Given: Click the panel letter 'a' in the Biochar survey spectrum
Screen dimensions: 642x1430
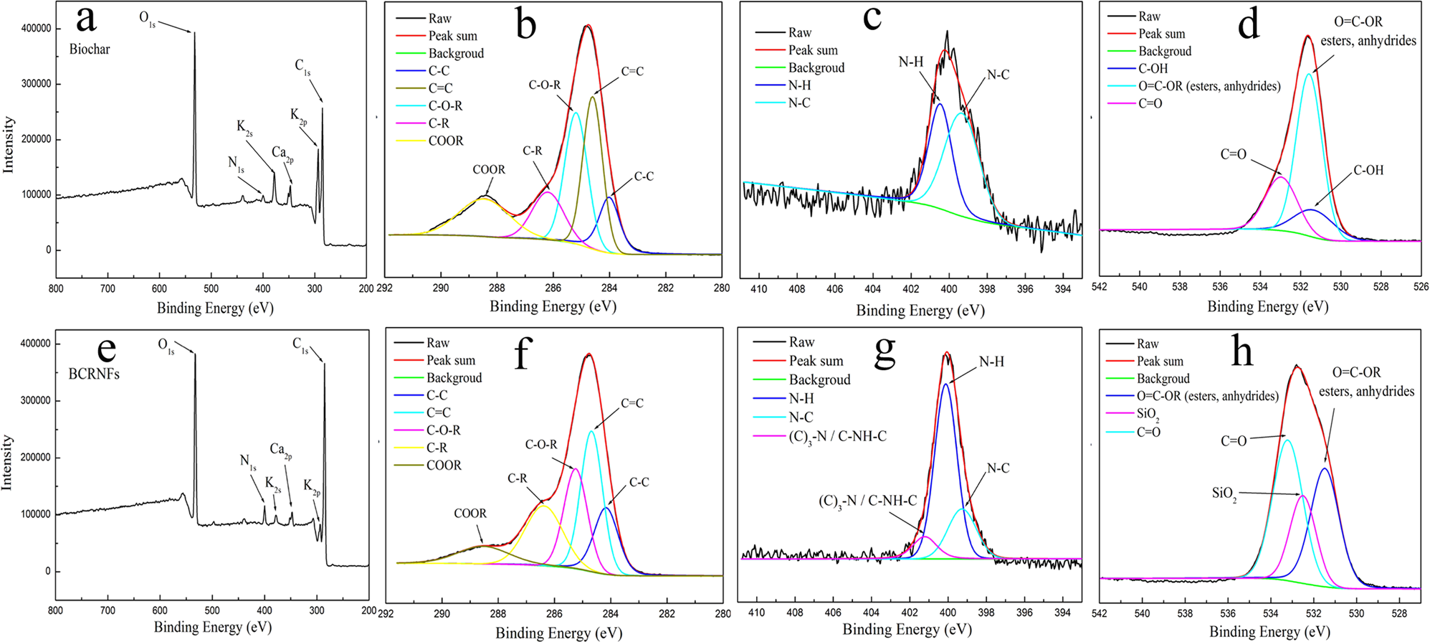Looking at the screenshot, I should (85, 19).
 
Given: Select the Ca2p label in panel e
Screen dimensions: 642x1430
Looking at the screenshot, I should (281, 450).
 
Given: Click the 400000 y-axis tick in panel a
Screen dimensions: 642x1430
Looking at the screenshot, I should (35, 29).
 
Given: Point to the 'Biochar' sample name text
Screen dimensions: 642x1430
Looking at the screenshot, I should (90, 49).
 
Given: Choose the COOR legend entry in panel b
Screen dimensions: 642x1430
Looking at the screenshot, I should (446, 141).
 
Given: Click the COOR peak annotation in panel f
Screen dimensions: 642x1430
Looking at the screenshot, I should (469, 514).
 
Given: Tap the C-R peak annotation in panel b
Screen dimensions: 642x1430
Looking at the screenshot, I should (532, 151).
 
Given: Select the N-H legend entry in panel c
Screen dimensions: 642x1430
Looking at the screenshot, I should (799, 85).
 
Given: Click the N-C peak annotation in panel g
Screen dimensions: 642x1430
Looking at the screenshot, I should (998, 468).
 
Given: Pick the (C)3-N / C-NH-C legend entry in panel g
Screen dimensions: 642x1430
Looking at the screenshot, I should (837, 436).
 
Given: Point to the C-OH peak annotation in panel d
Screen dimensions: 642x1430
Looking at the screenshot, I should (1368, 171).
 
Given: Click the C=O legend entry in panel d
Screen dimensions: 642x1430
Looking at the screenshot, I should (1150, 103).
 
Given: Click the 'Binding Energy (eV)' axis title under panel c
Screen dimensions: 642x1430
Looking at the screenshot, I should (920, 311).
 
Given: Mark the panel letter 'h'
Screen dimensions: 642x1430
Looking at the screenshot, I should (1241, 353).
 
